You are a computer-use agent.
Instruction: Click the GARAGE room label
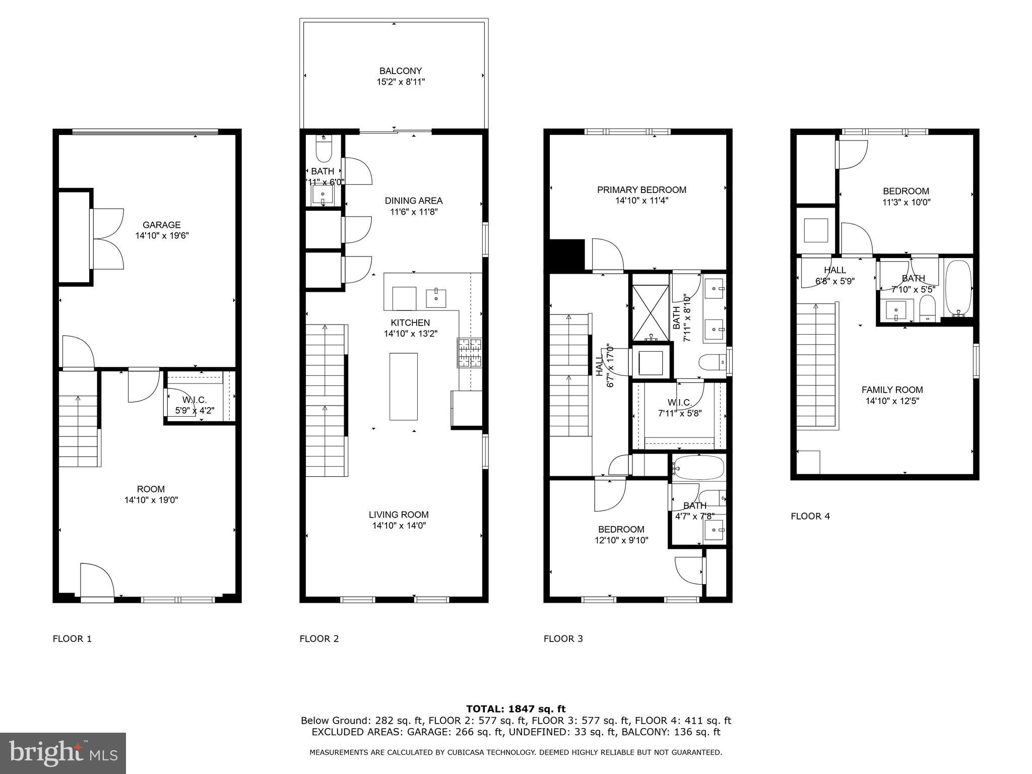pos(161,225)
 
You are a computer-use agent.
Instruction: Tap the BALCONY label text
pos(401,71)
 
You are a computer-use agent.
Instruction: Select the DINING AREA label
pos(413,201)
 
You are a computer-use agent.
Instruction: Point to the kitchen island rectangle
pos(403,386)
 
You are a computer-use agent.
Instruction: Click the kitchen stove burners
pos(469,353)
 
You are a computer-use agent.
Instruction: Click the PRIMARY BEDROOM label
pos(641,190)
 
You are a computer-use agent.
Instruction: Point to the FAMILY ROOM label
pos(892,390)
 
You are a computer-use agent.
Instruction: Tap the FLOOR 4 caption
pos(810,516)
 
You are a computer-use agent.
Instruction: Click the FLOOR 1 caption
pos(72,639)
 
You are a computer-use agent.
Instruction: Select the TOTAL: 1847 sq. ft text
pos(515,709)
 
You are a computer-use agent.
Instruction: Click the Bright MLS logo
pos(63,753)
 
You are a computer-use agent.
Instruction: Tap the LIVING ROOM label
pos(399,514)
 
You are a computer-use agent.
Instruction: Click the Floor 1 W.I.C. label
pos(195,400)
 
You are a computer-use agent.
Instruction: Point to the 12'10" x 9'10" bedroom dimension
pos(621,540)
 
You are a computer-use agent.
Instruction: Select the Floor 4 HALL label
pos(835,270)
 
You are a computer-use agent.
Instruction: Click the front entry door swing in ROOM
pos(97,581)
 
